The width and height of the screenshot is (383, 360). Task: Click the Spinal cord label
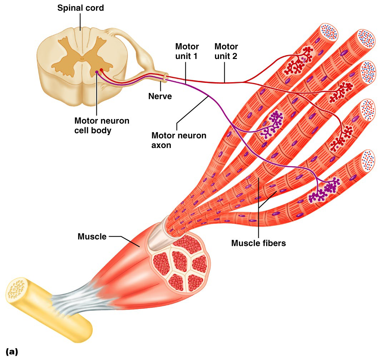click(x=80, y=8)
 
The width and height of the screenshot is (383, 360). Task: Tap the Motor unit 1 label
click(x=187, y=51)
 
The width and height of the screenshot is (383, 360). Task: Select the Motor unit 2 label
click(x=226, y=51)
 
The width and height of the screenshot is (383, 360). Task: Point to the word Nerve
click(x=160, y=96)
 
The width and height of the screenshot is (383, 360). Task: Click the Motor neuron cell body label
click(x=101, y=125)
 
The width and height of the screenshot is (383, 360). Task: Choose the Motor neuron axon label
click(x=179, y=140)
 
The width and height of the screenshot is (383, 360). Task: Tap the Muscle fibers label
click(x=258, y=243)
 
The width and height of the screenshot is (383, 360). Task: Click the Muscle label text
click(x=92, y=236)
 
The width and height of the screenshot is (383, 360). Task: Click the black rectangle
click(x=345, y=287)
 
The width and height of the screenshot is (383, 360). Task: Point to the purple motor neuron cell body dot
click(x=96, y=72)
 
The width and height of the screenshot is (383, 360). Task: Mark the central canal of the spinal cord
click(x=82, y=59)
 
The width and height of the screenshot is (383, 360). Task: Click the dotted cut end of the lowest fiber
click(x=368, y=159)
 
